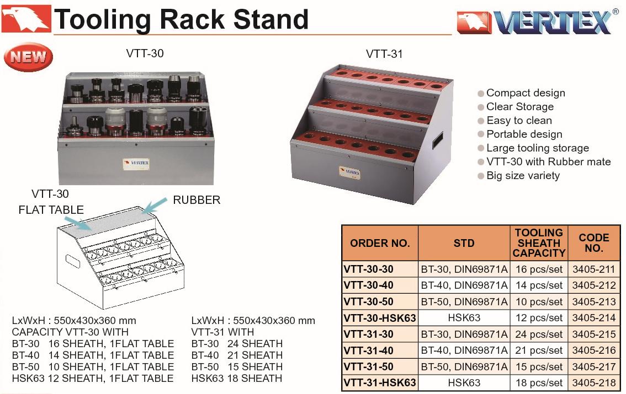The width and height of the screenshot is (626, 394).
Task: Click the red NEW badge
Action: tap(28, 57)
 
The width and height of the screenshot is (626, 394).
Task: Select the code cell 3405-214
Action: tap(593, 318)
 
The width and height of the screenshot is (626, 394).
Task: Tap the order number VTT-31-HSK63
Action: tap(380, 382)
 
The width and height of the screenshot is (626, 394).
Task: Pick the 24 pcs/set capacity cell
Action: tap(539, 334)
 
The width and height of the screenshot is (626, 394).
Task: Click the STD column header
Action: tap(464, 243)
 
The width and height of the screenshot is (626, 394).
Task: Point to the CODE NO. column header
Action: tap(593, 243)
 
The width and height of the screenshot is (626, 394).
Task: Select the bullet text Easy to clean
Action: tap(519, 121)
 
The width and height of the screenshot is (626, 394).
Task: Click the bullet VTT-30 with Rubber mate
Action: tap(548, 162)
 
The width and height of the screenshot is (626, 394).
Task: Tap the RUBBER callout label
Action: tap(197, 200)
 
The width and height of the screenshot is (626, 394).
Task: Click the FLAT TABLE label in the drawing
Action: tap(51, 209)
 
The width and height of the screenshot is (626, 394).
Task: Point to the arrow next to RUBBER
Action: tap(155, 204)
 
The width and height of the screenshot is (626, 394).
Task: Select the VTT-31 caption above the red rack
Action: tap(384, 54)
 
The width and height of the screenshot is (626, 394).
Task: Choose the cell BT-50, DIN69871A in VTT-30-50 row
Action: tap(464, 301)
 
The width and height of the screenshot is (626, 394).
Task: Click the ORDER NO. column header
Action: tap(380, 243)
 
